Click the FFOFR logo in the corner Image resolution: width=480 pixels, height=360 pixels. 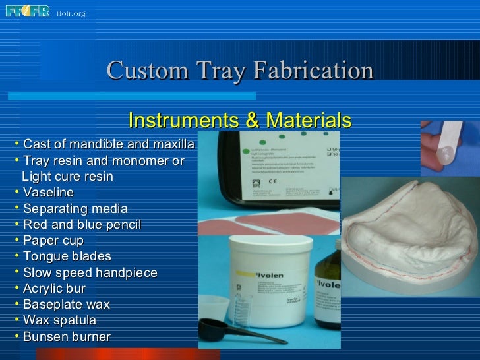point(28,11)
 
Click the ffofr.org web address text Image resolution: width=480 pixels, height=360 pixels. point(71,13)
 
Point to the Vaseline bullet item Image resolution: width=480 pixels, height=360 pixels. point(47,193)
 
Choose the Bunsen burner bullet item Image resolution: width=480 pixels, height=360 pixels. point(66,336)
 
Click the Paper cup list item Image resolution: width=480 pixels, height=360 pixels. point(53,241)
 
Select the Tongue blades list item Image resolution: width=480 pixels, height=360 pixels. point(67,256)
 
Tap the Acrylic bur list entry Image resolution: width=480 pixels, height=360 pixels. point(54,289)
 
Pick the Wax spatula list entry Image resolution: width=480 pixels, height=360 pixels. point(59,320)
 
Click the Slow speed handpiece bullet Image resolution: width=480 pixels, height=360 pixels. point(90,273)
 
